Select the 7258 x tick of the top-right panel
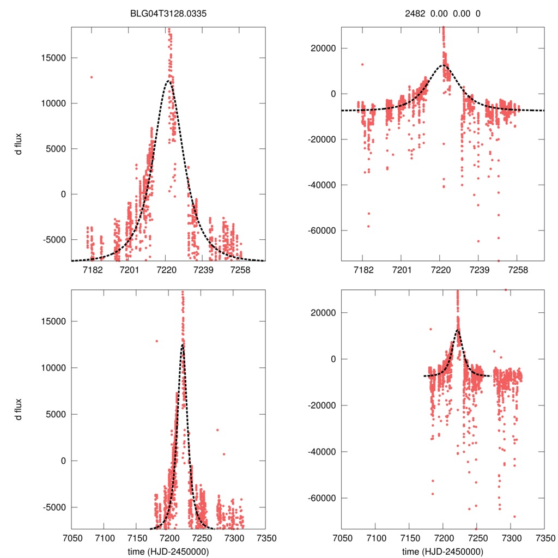(x=518, y=271)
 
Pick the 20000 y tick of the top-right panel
(x=323, y=48)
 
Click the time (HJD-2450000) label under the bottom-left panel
(x=168, y=551)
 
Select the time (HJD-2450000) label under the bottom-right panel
(x=442, y=551)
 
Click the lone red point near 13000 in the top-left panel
(x=92, y=77)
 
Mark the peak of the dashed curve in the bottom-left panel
(x=183, y=345)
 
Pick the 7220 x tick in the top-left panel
(x=166, y=271)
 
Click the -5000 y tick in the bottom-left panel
(x=56, y=507)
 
